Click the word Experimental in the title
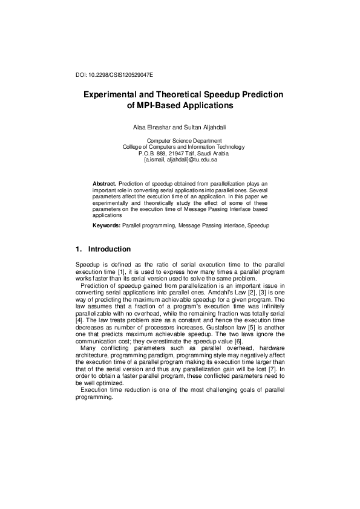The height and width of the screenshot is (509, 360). (x=114, y=95)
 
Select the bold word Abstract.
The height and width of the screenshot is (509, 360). (x=105, y=183)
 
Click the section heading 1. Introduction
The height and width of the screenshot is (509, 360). (x=102, y=249)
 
